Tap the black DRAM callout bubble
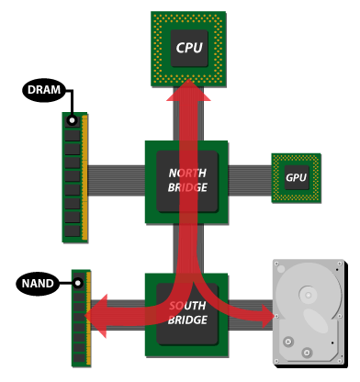(44, 90)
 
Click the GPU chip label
(296, 178)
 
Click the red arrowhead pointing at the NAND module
(97, 315)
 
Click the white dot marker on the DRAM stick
(71, 121)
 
